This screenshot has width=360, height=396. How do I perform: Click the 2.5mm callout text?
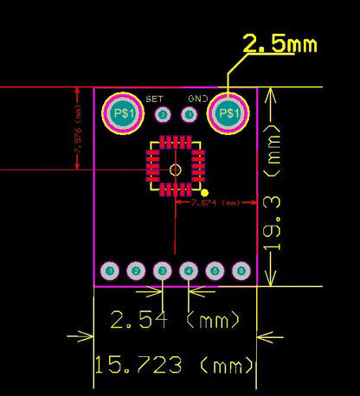[280, 45]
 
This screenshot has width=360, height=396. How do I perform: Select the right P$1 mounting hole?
[228, 114]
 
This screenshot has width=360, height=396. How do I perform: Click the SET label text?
[155, 99]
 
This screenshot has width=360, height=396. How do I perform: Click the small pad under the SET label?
[162, 114]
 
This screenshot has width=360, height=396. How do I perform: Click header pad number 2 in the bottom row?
[136, 271]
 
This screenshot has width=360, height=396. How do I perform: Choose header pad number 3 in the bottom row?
[162, 271]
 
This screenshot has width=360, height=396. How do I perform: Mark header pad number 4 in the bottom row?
[189, 271]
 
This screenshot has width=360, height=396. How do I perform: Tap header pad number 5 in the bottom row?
[215, 271]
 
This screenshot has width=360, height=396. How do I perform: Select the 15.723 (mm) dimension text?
[174, 366]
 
